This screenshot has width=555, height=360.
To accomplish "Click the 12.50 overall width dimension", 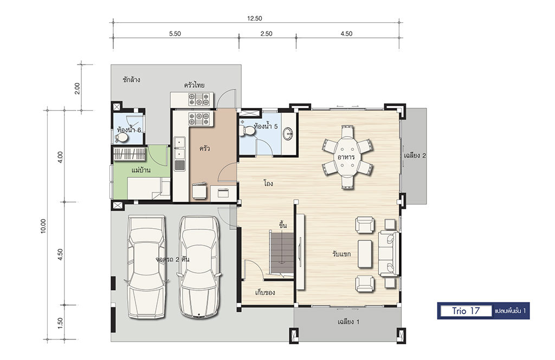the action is [x=255, y=18].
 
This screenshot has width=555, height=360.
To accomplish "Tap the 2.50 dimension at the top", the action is [x=266, y=34].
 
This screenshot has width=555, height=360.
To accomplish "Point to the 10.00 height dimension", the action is [x=43, y=226].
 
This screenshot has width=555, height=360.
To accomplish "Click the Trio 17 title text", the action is [x=466, y=311].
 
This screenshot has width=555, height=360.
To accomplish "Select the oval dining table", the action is [x=347, y=157].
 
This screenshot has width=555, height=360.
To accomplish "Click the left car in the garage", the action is [x=146, y=267].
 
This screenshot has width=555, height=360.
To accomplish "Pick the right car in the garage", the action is [x=198, y=267].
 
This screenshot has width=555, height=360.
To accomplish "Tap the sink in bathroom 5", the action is [x=289, y=133].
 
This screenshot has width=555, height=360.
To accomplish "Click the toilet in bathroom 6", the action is [x=122, y=137].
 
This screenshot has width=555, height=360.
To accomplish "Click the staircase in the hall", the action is [x=282, y=253].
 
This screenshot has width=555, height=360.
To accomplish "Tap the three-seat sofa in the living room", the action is [x=389, y=253].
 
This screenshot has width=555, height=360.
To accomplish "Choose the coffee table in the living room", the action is [x=365, y=253].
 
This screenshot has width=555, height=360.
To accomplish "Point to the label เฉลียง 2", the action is [x=415, y=156].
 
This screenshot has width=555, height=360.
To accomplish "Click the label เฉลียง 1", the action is [x=349, y=322].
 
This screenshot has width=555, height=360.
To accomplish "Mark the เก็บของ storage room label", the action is [x=265, y=292].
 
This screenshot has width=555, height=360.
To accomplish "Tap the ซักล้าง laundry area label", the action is [x=131, y=80].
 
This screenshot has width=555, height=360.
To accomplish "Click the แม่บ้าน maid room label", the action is [x=141, y=170].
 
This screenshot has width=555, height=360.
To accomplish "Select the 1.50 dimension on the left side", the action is [x=60, y=323].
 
